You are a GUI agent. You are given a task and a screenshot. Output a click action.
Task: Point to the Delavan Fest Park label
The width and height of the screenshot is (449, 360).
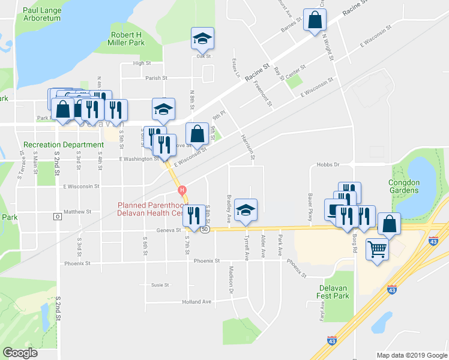click(333, 292)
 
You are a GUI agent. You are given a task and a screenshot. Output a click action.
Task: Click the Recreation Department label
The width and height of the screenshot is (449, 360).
click(64, 145)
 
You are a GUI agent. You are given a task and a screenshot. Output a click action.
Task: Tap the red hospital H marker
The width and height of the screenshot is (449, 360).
click(182, 191)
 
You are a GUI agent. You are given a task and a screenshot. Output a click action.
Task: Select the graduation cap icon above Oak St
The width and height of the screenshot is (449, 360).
click(202, 38)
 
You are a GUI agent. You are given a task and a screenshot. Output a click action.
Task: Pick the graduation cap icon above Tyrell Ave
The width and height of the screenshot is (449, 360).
click(246, 210)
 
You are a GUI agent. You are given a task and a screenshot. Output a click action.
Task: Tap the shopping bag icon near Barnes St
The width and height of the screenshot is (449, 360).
click(315, 20)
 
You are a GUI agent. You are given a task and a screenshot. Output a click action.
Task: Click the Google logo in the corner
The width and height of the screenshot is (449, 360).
click(20, 352)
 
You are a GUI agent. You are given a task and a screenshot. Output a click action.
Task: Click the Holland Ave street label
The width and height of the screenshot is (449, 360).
click(197, 302)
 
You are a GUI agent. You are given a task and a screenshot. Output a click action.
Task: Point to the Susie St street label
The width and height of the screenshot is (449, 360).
click(160, 285)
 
